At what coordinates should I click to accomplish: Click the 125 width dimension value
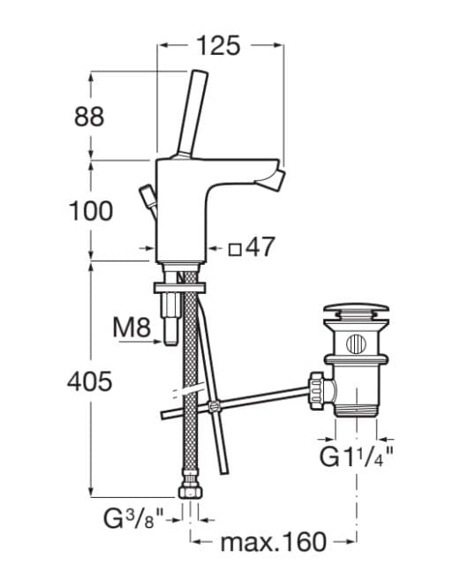pos(218,46)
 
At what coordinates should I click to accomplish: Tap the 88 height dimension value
pos(89,117)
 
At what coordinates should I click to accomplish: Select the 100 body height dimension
pos(91,211)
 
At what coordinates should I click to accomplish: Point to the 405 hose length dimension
pos(90,381)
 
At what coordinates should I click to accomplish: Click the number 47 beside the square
pos(260,246)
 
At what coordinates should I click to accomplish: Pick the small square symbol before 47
pos(235,249)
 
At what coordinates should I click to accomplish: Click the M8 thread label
pos(132,328)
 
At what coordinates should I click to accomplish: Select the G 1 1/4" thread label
pos(357,456)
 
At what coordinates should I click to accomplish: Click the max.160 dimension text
pos(274,542)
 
